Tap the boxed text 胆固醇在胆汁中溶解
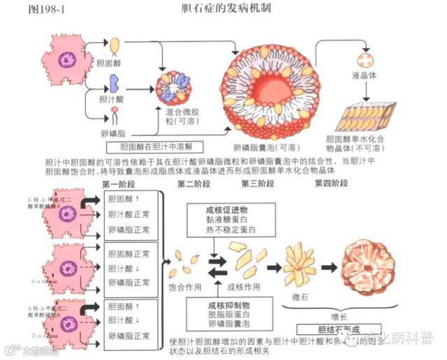coord(158,147)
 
